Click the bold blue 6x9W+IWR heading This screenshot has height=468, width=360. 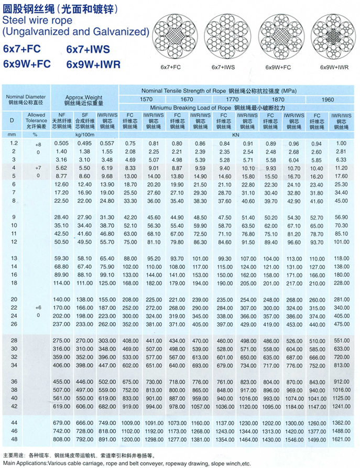[x=94, y=64]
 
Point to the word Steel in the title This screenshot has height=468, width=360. [x=14, y=20]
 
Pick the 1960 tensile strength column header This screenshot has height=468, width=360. [x=329, y=99]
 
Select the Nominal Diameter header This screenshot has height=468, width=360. [x=26, y=97]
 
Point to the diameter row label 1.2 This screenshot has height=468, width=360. [x=12, y=143]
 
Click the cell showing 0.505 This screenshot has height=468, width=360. [x=62, y=143]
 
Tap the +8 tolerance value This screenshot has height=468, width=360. [x=37, y=144]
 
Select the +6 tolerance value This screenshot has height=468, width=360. [x=37, y=307]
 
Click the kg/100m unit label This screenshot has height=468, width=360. [x=84, y=134]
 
